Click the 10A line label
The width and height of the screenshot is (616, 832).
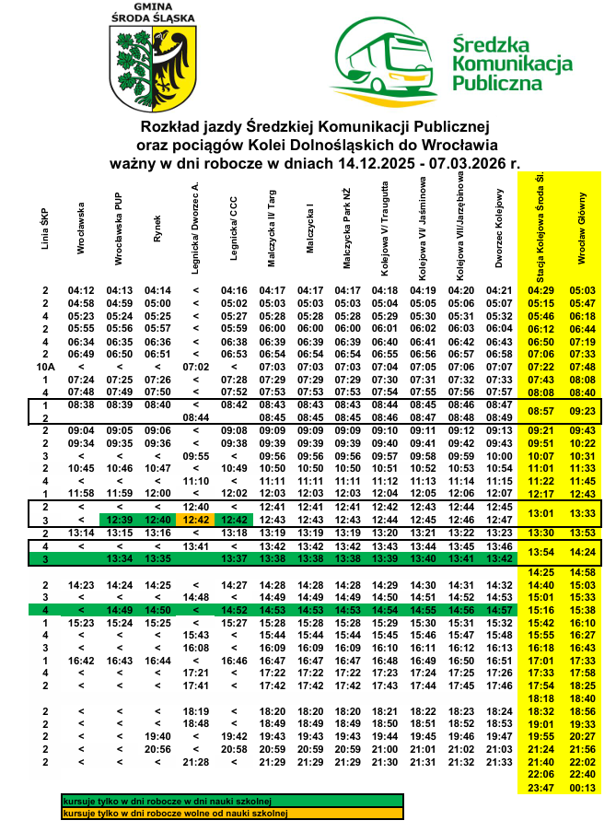pos(44,367)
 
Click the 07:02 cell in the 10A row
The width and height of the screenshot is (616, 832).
pos(194,367)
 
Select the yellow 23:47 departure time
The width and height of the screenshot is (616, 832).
pos(540,788)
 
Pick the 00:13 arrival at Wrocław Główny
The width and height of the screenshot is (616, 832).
pos(583,788)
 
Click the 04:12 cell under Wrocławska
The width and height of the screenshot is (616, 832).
pos(81,291)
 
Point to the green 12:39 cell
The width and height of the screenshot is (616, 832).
pos(119,520)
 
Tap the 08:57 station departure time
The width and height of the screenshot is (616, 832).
pos(540,410)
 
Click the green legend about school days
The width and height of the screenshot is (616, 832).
pos(173,802)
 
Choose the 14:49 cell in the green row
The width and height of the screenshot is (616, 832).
pos(119,609)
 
